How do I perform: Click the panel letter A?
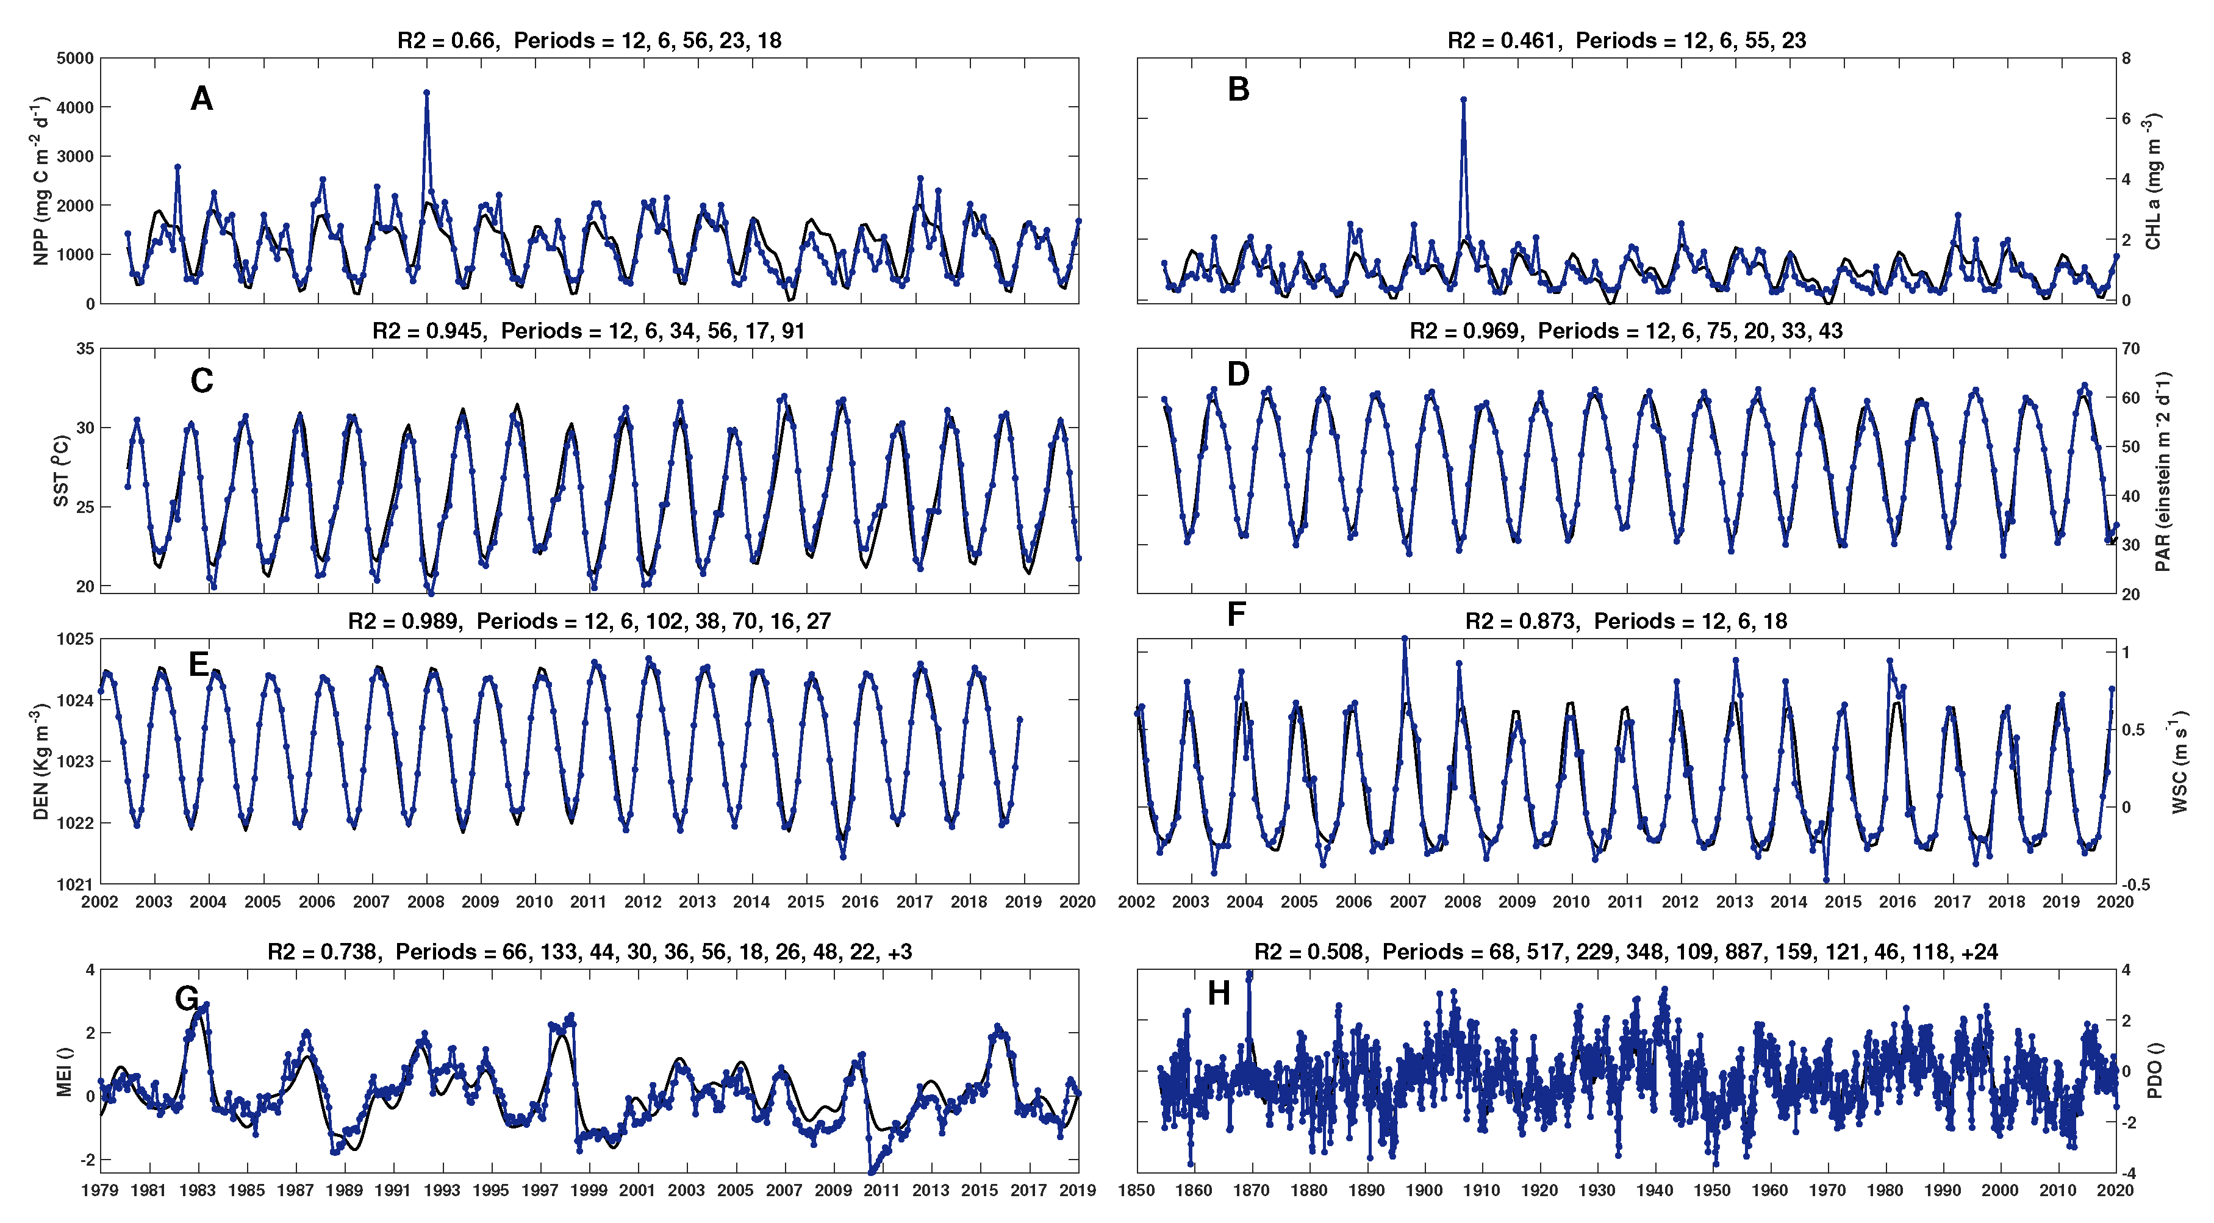[201, 99]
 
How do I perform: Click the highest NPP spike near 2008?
[426, 93]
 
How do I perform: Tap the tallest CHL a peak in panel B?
[1464, 99]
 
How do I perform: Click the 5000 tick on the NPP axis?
[76, 59]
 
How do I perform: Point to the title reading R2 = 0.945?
[588, 331]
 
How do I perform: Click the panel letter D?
[1238, 374]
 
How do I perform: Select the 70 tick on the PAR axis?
[2132, 349]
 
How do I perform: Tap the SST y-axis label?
[61, 471]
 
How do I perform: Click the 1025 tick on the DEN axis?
[76, 639]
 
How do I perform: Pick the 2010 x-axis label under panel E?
[534, 902]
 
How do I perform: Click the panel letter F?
[1236, 614]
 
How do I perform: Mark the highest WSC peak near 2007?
[1405, 639]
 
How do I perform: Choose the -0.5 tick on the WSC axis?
[2136, 884]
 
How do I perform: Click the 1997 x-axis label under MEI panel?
[540, 1190]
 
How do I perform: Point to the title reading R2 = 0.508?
[1625, 952]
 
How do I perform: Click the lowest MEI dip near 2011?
[872, 1171]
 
